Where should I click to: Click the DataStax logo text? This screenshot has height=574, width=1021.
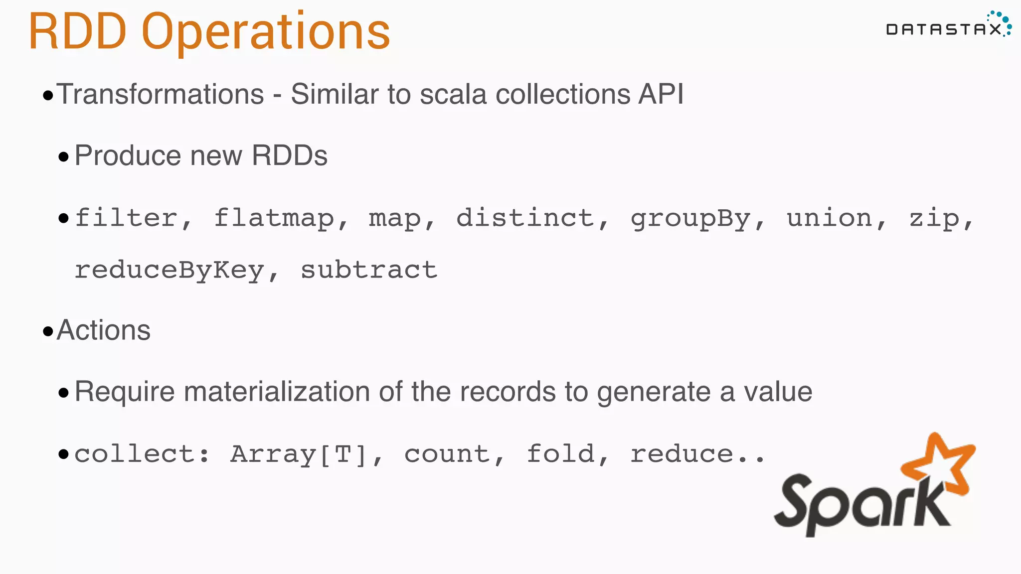click(x=943, y=29)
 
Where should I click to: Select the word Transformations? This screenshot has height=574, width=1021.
click(x=160, y=94)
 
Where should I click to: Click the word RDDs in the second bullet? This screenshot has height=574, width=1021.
click(x=290, y=155)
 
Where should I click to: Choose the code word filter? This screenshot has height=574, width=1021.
click(x=126, y=218)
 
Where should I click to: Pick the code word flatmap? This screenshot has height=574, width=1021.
click(x=274, y=218)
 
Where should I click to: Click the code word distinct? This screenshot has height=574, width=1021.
click(x=525, y=218)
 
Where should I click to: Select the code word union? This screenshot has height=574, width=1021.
click(x=830, y=218)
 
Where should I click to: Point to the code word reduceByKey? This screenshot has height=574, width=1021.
click(x=170, y=271)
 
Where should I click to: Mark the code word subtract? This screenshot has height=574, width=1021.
click(x=369, y=270)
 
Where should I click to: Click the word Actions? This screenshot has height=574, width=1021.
click(x=104, y=330)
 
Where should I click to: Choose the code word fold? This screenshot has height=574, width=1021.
click(x=561, y=453)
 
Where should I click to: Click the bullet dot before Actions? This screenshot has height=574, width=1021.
click(x=48, y=332)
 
